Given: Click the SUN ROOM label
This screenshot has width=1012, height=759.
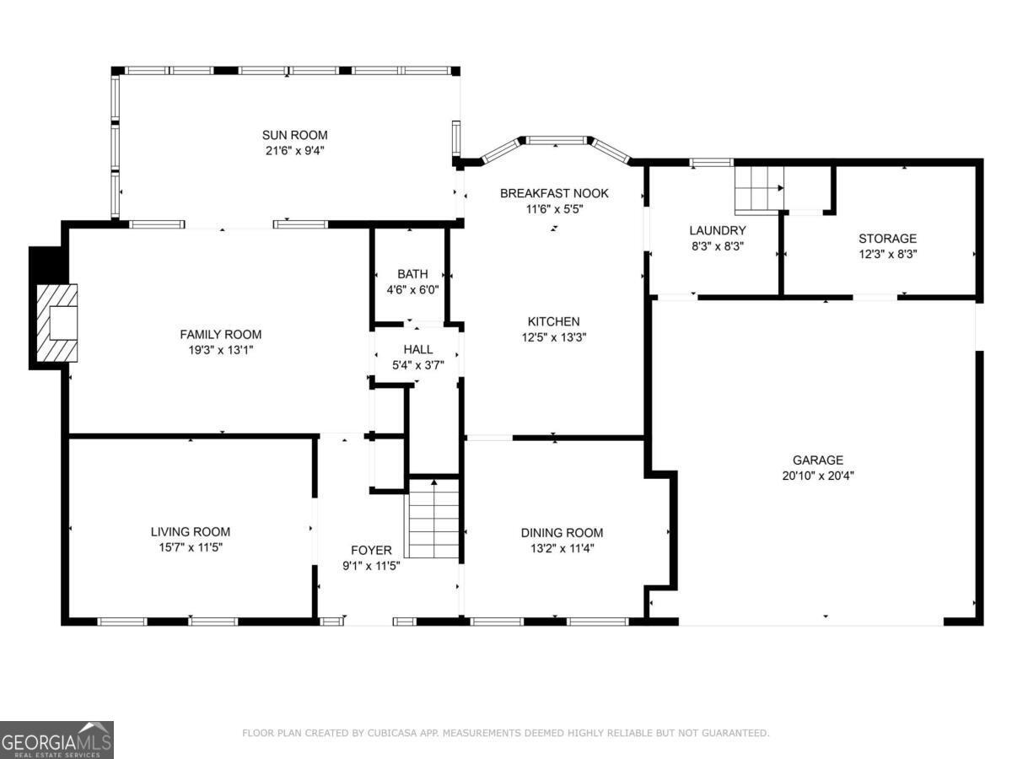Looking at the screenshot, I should click(294, 135).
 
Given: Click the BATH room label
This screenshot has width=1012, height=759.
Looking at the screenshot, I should click(412, 274).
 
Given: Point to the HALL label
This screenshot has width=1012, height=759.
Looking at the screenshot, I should click(417, 349).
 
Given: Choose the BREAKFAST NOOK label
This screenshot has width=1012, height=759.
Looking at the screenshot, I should click(553, 193).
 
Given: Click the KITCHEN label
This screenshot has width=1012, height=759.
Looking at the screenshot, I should click(553, 321).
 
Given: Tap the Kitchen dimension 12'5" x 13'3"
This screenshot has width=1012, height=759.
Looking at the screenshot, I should click(553, 336).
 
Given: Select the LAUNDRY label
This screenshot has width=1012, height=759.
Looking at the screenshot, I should click(717, 230).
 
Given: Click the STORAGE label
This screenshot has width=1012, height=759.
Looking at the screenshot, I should click(887, 239).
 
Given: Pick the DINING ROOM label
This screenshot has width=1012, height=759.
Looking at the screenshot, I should click(562, 532).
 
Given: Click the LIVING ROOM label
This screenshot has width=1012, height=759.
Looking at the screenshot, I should click(190, 532).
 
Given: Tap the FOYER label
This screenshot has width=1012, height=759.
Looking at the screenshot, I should click(371, 551).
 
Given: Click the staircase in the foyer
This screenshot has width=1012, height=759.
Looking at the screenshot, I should click(433, 518).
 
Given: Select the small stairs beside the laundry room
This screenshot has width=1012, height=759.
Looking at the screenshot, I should click(759, 188).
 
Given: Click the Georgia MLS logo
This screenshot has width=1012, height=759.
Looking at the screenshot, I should click(57, 740).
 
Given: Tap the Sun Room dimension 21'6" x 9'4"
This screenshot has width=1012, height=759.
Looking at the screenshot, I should click(294, 150).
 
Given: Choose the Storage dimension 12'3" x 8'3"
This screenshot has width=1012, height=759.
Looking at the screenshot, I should click(887, 254).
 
